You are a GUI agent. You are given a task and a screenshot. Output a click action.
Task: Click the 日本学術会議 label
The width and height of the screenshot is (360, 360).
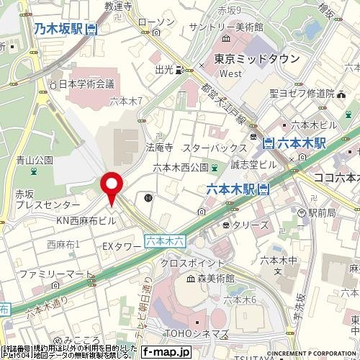click(x=86, y=84)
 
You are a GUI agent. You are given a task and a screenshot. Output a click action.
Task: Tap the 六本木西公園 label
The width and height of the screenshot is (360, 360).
click(x=180, y=167)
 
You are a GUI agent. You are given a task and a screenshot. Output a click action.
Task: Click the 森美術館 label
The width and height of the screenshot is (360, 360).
click(x=204, y=276)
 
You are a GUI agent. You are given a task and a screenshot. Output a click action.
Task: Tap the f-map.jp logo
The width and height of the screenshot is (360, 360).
click(x=166, y=351)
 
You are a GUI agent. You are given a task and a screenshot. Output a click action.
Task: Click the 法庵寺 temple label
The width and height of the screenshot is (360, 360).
click(x=160, y=147)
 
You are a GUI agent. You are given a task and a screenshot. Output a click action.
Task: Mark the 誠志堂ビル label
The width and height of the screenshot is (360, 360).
click(x=253, y=165)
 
